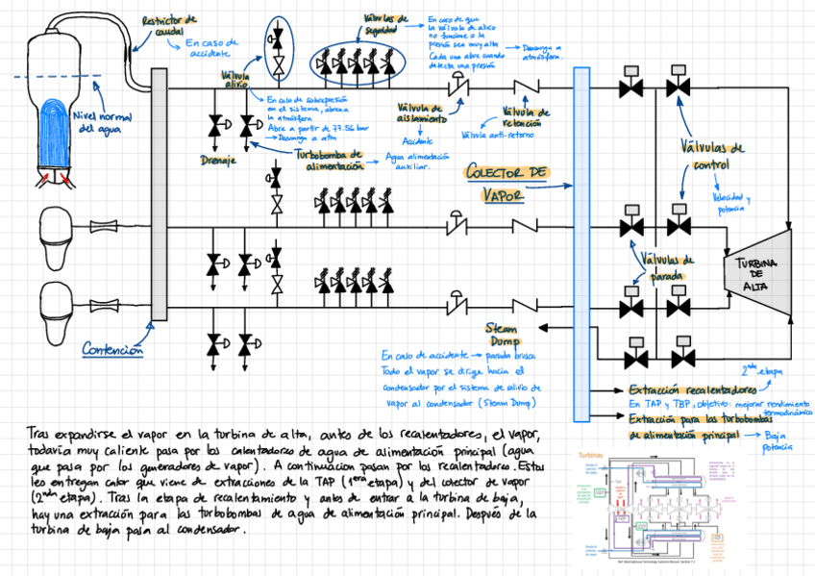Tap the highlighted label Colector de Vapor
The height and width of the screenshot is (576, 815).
(507, 183)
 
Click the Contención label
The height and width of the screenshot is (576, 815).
(112, 350)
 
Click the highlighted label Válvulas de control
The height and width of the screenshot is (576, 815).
(711, 156)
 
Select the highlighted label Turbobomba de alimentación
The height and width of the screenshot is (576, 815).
(329, 159)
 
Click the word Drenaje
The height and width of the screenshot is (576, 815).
(218, 159)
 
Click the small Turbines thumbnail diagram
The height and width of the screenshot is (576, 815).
(659, 506)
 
